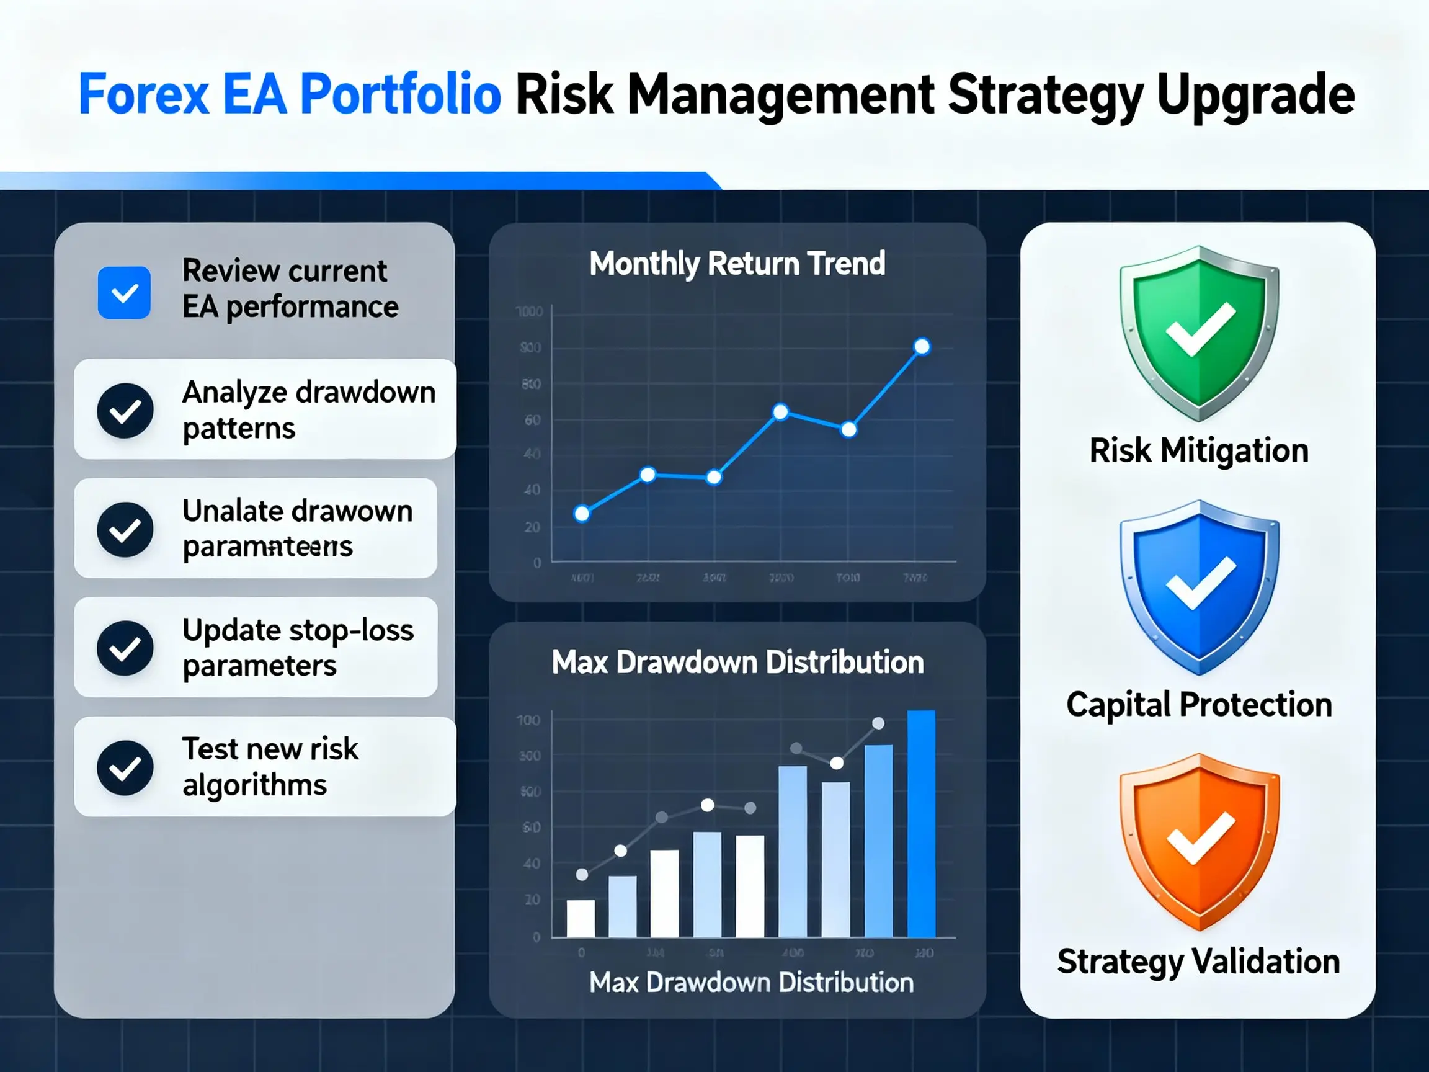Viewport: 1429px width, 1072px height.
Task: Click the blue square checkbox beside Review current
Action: point(124,293)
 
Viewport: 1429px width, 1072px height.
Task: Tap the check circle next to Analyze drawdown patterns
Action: point(125,410)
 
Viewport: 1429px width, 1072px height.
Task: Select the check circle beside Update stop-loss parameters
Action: point(125,648)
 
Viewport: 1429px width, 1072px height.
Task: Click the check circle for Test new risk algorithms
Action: point(125,767)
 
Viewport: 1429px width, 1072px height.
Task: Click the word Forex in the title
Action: point(143,95)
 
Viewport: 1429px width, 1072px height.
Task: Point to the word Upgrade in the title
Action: point(1255,95)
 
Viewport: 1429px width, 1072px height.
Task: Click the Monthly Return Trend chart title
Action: point(737,264)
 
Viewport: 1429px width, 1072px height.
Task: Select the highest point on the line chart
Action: point(922,347)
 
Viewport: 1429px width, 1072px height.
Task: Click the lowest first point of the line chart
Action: point(581,514)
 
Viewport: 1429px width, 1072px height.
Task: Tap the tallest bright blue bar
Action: point(921,824)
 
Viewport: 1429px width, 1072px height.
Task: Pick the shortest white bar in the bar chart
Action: point(580,918)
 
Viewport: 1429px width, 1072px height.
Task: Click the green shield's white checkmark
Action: point(1200,330)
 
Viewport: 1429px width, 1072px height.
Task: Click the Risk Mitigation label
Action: point(1199,450)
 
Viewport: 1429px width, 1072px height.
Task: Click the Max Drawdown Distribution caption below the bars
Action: point(751,983)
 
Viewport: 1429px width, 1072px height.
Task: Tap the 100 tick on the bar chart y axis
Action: point(528,720)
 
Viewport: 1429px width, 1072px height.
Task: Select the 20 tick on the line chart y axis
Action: point(532,527)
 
